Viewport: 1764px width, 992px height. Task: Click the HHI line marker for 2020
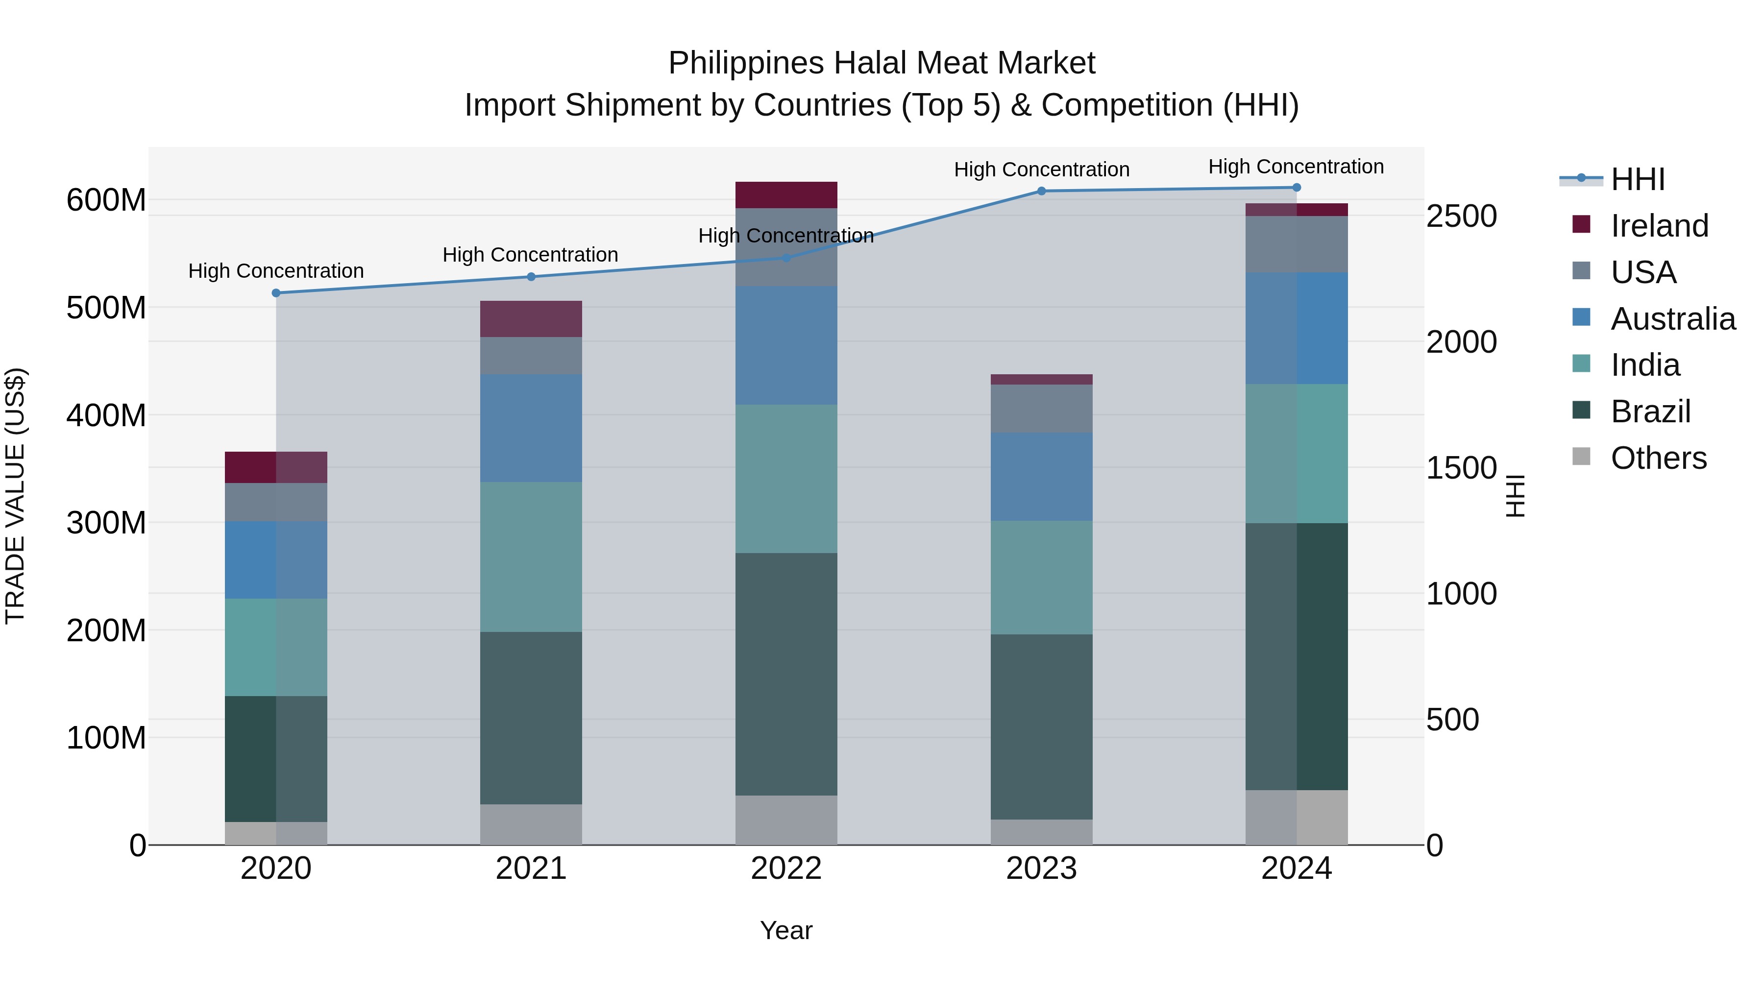click(x=276, y=293)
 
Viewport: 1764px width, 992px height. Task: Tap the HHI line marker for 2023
click(x=1042, y=191)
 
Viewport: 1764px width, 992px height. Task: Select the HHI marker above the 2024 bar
click(x=1296, y=188)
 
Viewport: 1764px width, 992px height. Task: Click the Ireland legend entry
click(x=1659, y=226)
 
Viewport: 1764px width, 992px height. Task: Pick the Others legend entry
click(x=1658, y=458)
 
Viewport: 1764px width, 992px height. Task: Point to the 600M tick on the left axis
click(x=106, y=200)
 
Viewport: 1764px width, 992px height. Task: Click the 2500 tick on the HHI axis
click(x=1461, y=217)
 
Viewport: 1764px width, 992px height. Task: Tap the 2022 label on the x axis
click(x=786, y=869)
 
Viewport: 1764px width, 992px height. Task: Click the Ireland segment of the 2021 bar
click(x=531, y=319)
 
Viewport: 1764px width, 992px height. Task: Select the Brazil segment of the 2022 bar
click(x=786, y=675)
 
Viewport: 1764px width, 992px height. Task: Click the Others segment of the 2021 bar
click(x=531, y=824)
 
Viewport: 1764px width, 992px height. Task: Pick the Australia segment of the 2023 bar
click(x=1042, y=477)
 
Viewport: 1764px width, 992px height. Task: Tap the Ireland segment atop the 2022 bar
click(x=786, y=195)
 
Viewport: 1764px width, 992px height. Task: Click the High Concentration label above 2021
click(x=530, y=255)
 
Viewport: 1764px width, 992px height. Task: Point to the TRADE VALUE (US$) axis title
click(x=15, y=496)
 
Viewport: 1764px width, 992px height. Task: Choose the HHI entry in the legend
click(x=1637, y=179)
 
